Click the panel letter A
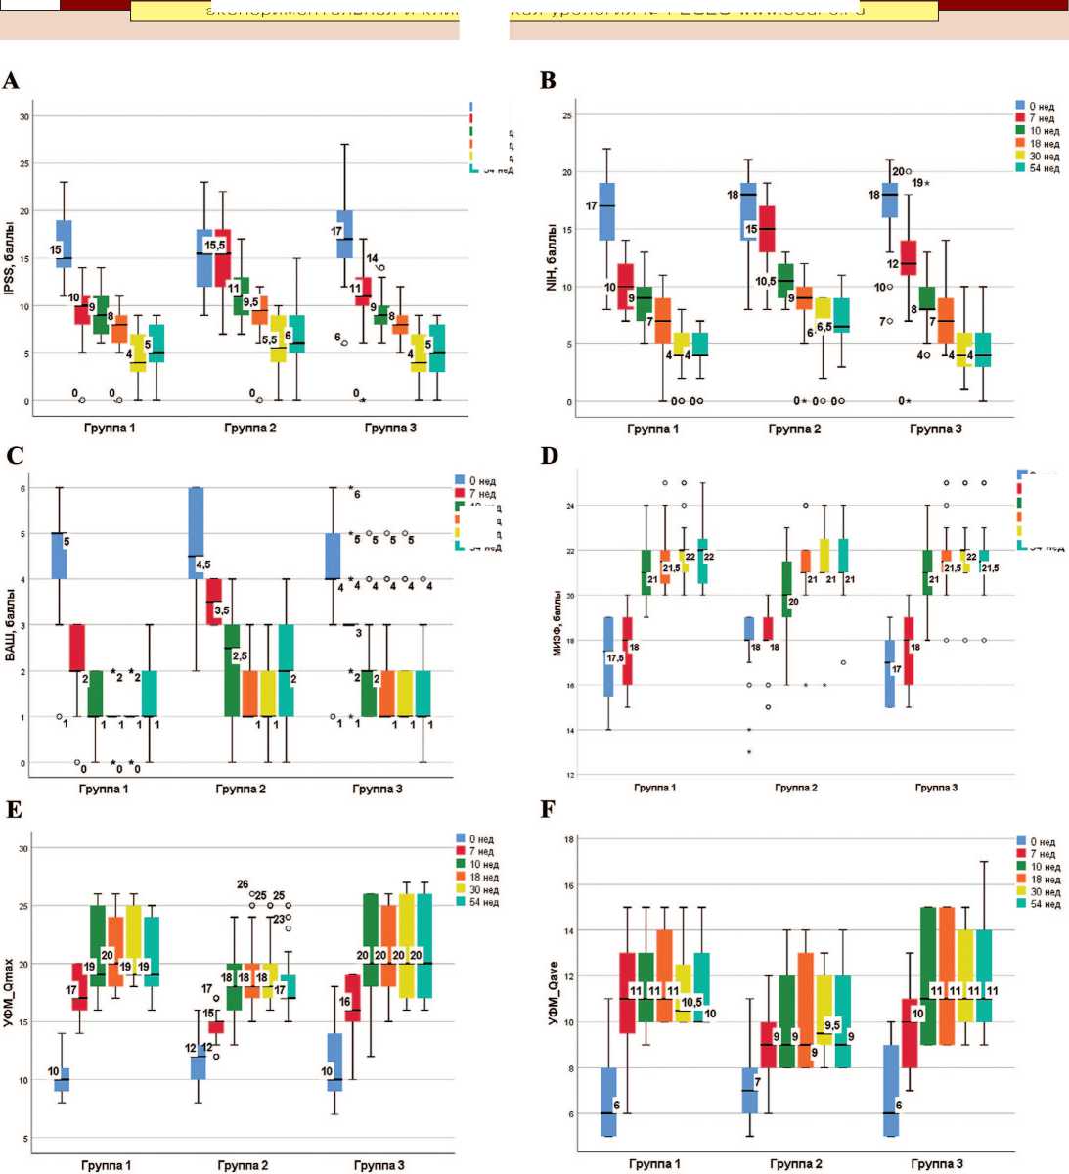tap(11, 81)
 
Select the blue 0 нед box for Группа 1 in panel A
tap(65, 244)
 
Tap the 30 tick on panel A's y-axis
tap(25, 116)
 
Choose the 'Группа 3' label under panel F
tap(936, 1164)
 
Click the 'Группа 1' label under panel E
tap(106, 1165)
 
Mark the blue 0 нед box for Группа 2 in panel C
tap(196, 532)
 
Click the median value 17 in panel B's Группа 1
tap(592, 206)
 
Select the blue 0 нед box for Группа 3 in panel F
tap(891, 1090)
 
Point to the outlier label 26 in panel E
tap(243, 885)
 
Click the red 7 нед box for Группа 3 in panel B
tap(909, 257)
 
